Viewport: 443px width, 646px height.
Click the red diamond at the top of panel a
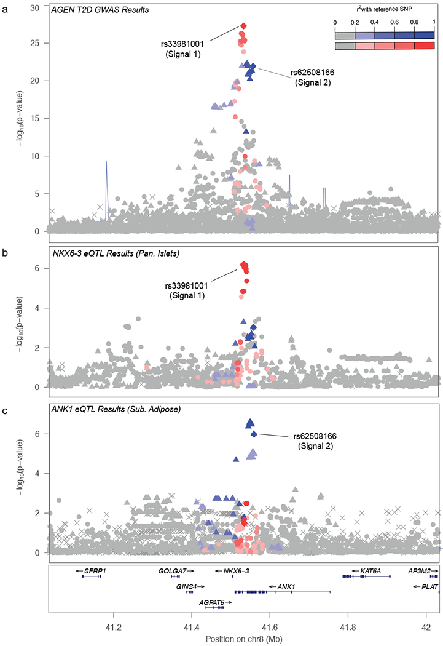[244, 25]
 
